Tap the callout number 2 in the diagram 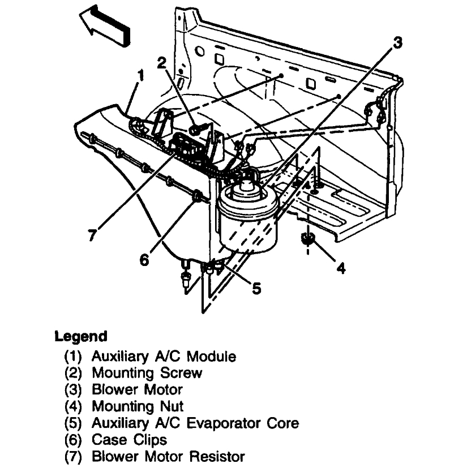click(x=162, y=62)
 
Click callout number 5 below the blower click(x=256, y=289)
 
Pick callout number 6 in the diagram click(x=144, y=259)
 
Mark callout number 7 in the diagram click(x=92, y=234)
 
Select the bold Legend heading click(x=80, y=336)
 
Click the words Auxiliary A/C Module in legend click(x=164, y=357)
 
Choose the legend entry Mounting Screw click(x=147, y=374)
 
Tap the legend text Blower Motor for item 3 click(x=137, y=390)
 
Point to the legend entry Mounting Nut click(x=138, y=406)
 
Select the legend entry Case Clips click(x=129, y=439)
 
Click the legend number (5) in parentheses click(x=74, y=423)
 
